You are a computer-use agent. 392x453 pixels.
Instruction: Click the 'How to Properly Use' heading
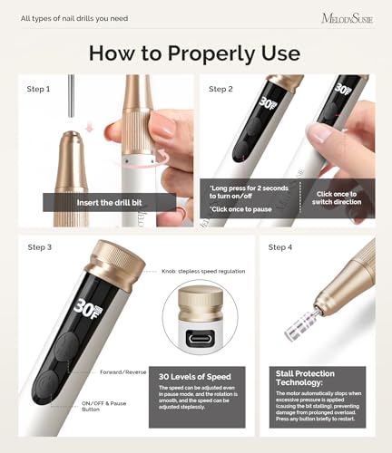tap(195, 54)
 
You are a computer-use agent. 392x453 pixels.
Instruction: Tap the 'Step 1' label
tap(39, 89)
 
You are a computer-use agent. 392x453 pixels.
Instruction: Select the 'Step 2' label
tap(222, 89)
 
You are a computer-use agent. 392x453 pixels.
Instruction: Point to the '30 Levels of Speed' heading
tap(194, 377)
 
